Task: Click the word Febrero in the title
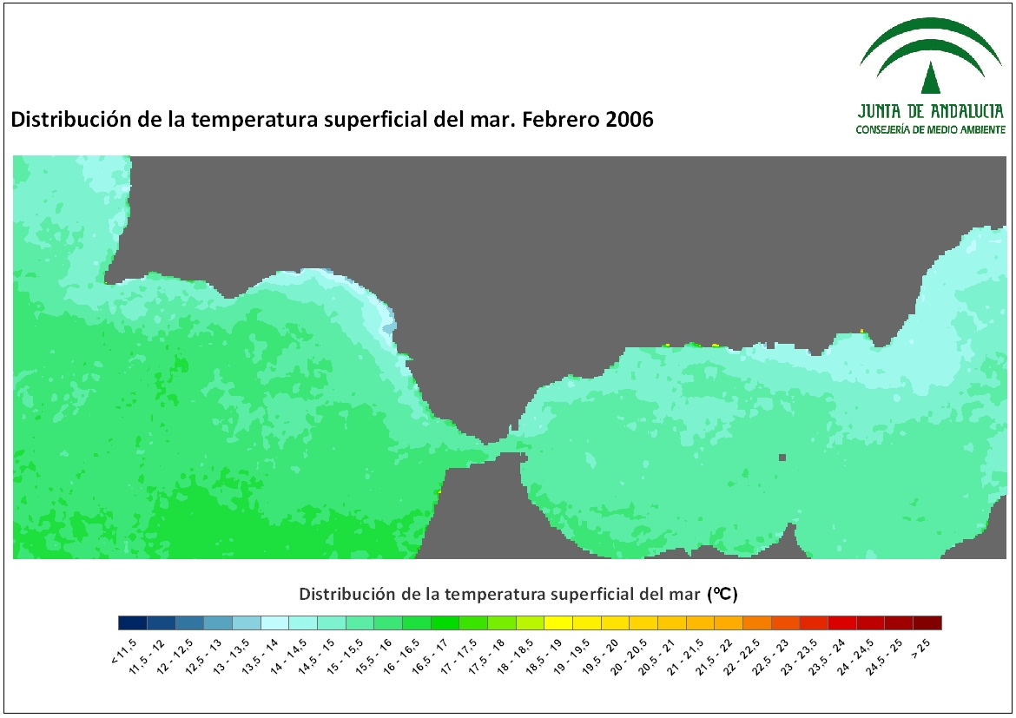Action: click(560, 119)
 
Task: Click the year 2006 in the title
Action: click(630, 119)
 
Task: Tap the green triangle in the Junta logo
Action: click(931, 78)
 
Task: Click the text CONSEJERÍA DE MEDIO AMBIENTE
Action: click(931, 129)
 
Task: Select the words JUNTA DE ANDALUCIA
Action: click(931, 111)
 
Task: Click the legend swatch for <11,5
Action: click(133, 622)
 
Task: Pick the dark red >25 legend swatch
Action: click(927, 622)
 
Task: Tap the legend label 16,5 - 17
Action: click(431, 655)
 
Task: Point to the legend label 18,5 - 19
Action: click(544, 655)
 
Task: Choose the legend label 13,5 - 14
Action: click(261, 655)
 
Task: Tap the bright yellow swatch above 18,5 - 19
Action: click(558, 622)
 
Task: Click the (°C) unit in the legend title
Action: click(723, 594)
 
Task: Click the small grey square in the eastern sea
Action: click(782, 458)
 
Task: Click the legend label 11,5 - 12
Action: click(147, 655)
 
